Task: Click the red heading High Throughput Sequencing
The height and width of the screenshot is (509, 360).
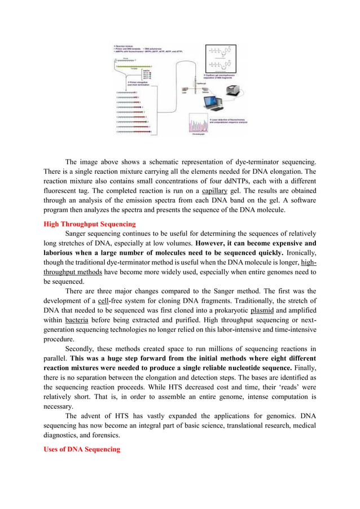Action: (89, 223)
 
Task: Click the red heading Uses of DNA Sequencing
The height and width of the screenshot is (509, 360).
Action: (82, 449)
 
